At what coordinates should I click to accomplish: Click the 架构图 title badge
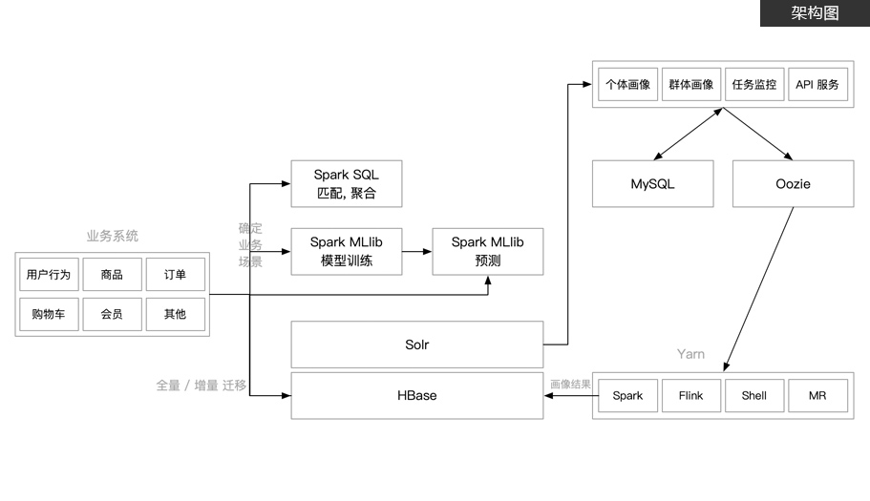pos(815,12)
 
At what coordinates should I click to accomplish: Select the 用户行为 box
pos(49,274)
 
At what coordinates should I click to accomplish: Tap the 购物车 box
pos(49,314)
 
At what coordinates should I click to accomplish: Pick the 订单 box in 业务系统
pos(176,274)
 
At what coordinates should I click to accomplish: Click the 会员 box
pos(112,314)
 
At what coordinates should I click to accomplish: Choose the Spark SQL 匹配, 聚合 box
pos(347,184)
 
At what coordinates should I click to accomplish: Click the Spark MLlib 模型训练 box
pos(347,252)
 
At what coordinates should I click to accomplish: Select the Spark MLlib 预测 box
pos(488,252)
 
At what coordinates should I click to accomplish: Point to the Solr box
pos(417,344)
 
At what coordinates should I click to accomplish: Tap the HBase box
pos(417,396)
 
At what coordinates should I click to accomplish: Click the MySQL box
pos(652,184)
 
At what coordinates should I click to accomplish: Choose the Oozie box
pos(794,184)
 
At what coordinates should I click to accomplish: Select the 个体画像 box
pos(628,84)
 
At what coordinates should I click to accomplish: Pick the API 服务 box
pos(817,84)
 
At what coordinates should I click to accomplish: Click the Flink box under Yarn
pos(691,396)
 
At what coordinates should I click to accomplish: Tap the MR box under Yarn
pos(817,396)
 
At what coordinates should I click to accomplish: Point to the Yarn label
pos(690,354)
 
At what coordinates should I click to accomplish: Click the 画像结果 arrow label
pos(570,384)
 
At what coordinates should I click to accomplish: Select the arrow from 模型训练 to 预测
pos(417,252)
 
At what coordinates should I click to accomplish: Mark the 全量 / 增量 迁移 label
pos(202,386)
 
